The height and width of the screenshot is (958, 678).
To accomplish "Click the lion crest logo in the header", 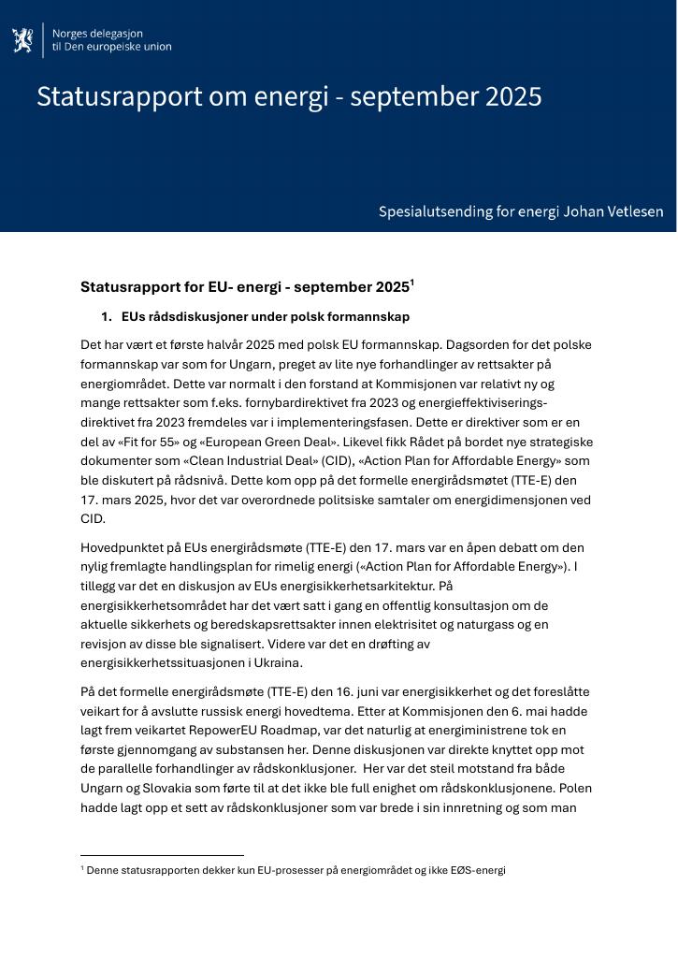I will coord(22,40).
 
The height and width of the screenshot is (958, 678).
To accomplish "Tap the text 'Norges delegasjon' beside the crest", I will coord(97,34).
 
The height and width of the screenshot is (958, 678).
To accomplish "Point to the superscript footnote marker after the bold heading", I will coord(412,282).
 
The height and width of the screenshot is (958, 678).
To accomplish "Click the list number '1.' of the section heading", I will coord(107,317).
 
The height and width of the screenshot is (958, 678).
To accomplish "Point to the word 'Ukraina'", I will coord(278,663).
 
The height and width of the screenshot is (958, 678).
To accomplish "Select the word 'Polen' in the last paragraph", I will coord(575,789).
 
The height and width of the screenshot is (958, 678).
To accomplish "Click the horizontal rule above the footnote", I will coord(162,855).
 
